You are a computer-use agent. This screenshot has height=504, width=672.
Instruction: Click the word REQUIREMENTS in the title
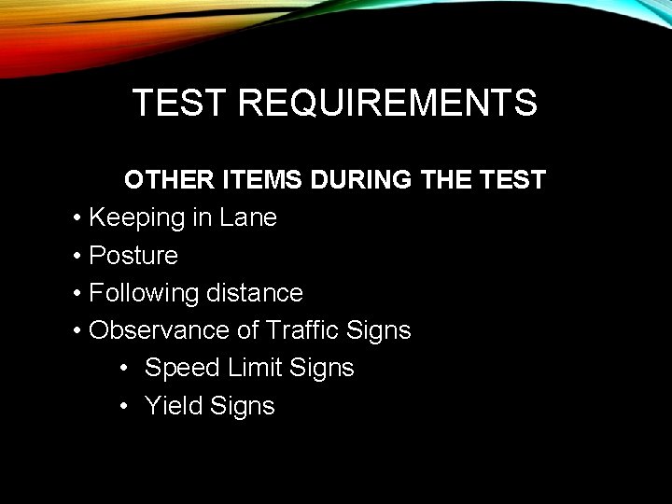387,103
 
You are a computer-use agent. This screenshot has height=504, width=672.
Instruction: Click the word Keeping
136,218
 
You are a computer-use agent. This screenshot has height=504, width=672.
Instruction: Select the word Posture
133,256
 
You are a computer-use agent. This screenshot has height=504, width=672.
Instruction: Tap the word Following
145,293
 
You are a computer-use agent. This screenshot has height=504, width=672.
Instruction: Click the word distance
258,293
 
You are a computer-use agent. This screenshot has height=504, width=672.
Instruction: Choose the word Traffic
302,330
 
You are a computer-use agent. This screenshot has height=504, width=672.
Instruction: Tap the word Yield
175,406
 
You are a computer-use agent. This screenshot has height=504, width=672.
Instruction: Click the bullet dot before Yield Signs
126,406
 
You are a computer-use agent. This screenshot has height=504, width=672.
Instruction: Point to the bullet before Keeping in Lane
77,218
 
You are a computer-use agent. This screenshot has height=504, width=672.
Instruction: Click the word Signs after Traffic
378,330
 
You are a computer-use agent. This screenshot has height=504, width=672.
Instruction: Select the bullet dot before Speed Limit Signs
126,369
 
